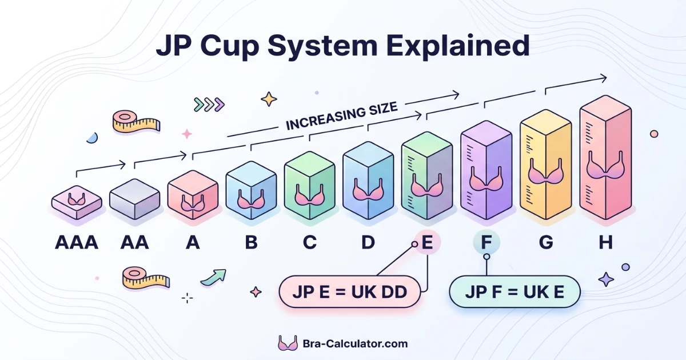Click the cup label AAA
pyautogui.click(x=77, y=243)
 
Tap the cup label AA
pyautogui.click(x=135, y=243)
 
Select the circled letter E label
pyautogui.click(x=426, y=243)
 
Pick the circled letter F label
pyautogui.click(x=486, y=243)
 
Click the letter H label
pyautogui.click(x=605, y=243)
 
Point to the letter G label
pyautogui.click(x=546, y=243)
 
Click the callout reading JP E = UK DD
pyautogui.click(x=349, y=293)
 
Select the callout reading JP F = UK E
pyautogui.click(x=514, y=292)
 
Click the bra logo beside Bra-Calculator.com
pyautogui.click(x=287, y=343)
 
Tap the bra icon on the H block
pyautogui.click(x=605, y=167)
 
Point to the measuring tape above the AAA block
pyautogui.click(x=136, y=122)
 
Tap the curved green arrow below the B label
pyautogui.click(x=213, y=277)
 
